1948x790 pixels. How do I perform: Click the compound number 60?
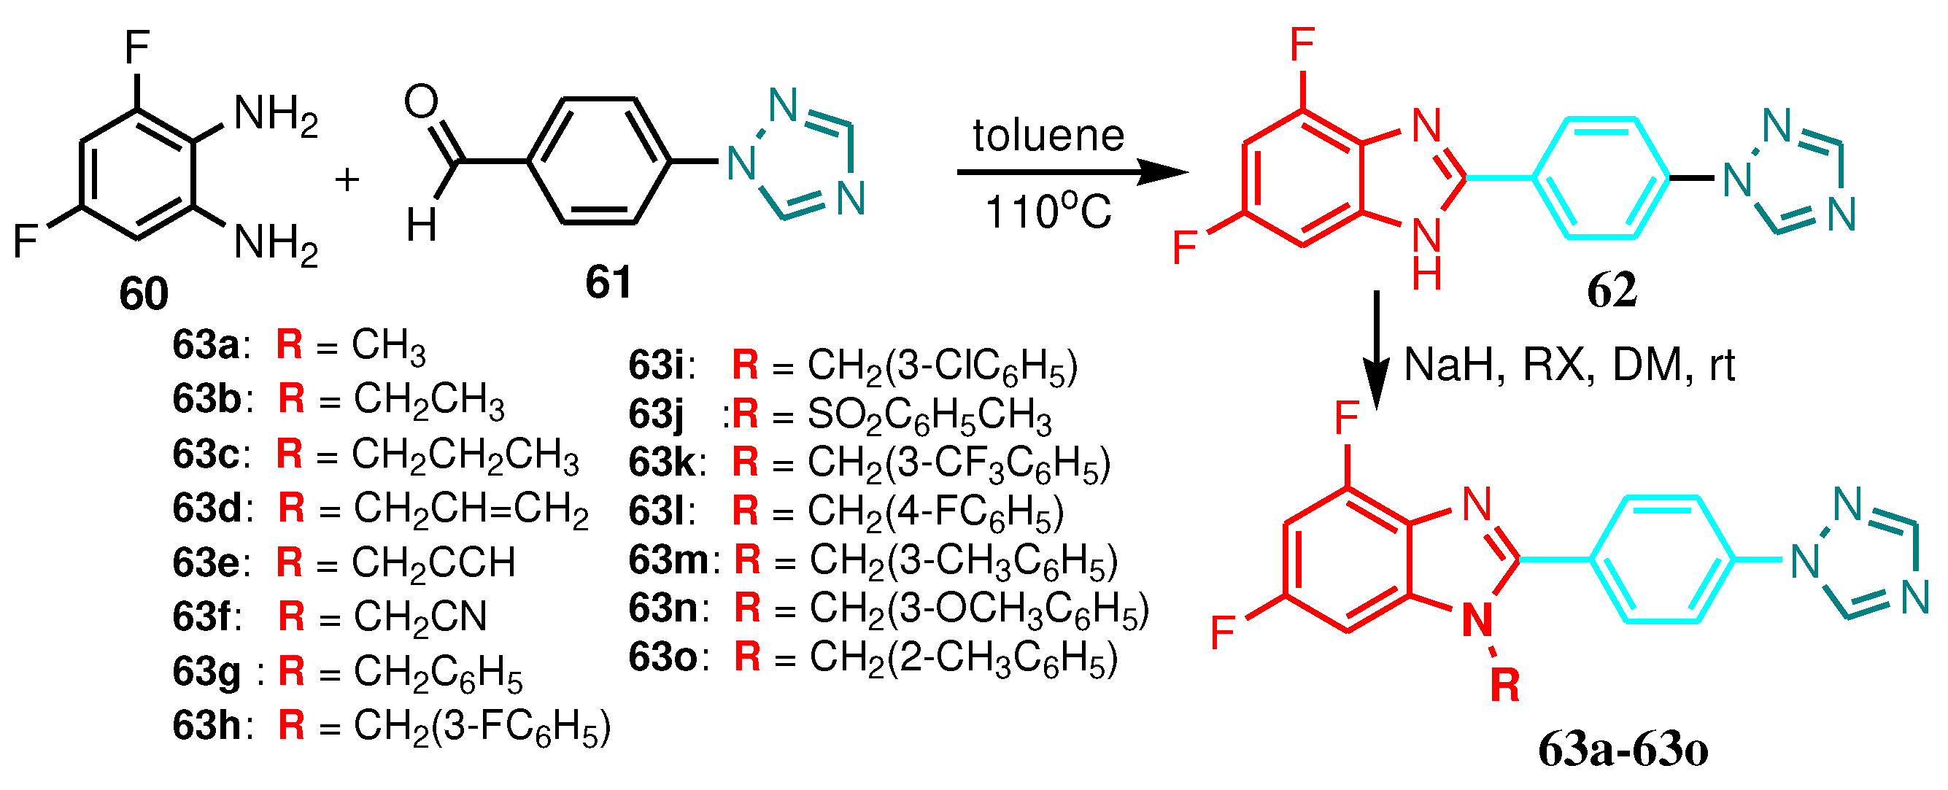pos(144,293)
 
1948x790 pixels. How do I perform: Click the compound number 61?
pos(608,283)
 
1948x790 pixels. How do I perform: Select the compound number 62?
pos(1612,290)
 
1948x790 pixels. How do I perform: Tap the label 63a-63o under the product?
pos(1623,751)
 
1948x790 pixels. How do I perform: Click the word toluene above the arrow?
pos(1048,136)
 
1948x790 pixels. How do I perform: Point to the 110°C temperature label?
pos(1048,212)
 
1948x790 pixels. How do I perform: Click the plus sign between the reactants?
pos(347,180)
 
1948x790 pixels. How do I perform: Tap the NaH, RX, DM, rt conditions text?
pos(1569,365)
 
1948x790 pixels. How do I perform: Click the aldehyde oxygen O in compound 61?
pos(420,101)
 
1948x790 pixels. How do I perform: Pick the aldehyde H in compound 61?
pos(421,225)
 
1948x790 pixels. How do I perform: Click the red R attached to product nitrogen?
pos(1504,686)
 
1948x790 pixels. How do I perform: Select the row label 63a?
pos(205,346)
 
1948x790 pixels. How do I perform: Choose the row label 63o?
pos(662,657)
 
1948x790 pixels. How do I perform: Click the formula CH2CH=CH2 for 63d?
pos(471,508)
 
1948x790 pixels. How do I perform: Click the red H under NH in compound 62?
pos(1426,274)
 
